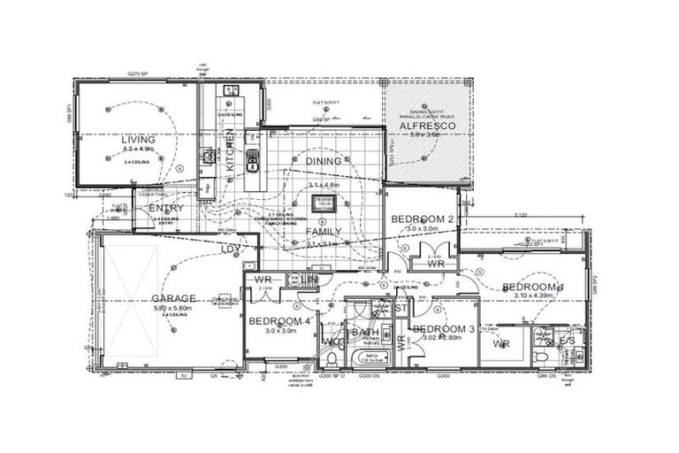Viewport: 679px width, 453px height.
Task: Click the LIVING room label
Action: click(139, 139)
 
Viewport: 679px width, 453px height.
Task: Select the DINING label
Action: click(323, 161)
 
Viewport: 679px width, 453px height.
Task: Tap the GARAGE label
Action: click(172, 298)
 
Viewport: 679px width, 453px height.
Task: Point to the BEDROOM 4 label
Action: click(279, 321)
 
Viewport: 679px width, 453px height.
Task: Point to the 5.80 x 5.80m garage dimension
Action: click(172, 308)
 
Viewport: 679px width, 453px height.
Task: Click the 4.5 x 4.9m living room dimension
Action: click(138, 150)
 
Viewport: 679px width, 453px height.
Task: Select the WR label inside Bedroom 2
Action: click(435, 264)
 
